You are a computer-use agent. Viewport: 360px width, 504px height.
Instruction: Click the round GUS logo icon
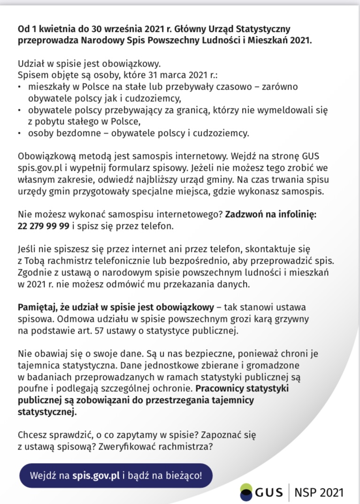coord(246,492)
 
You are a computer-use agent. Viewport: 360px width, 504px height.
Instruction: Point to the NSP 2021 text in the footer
coord(319,492)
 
